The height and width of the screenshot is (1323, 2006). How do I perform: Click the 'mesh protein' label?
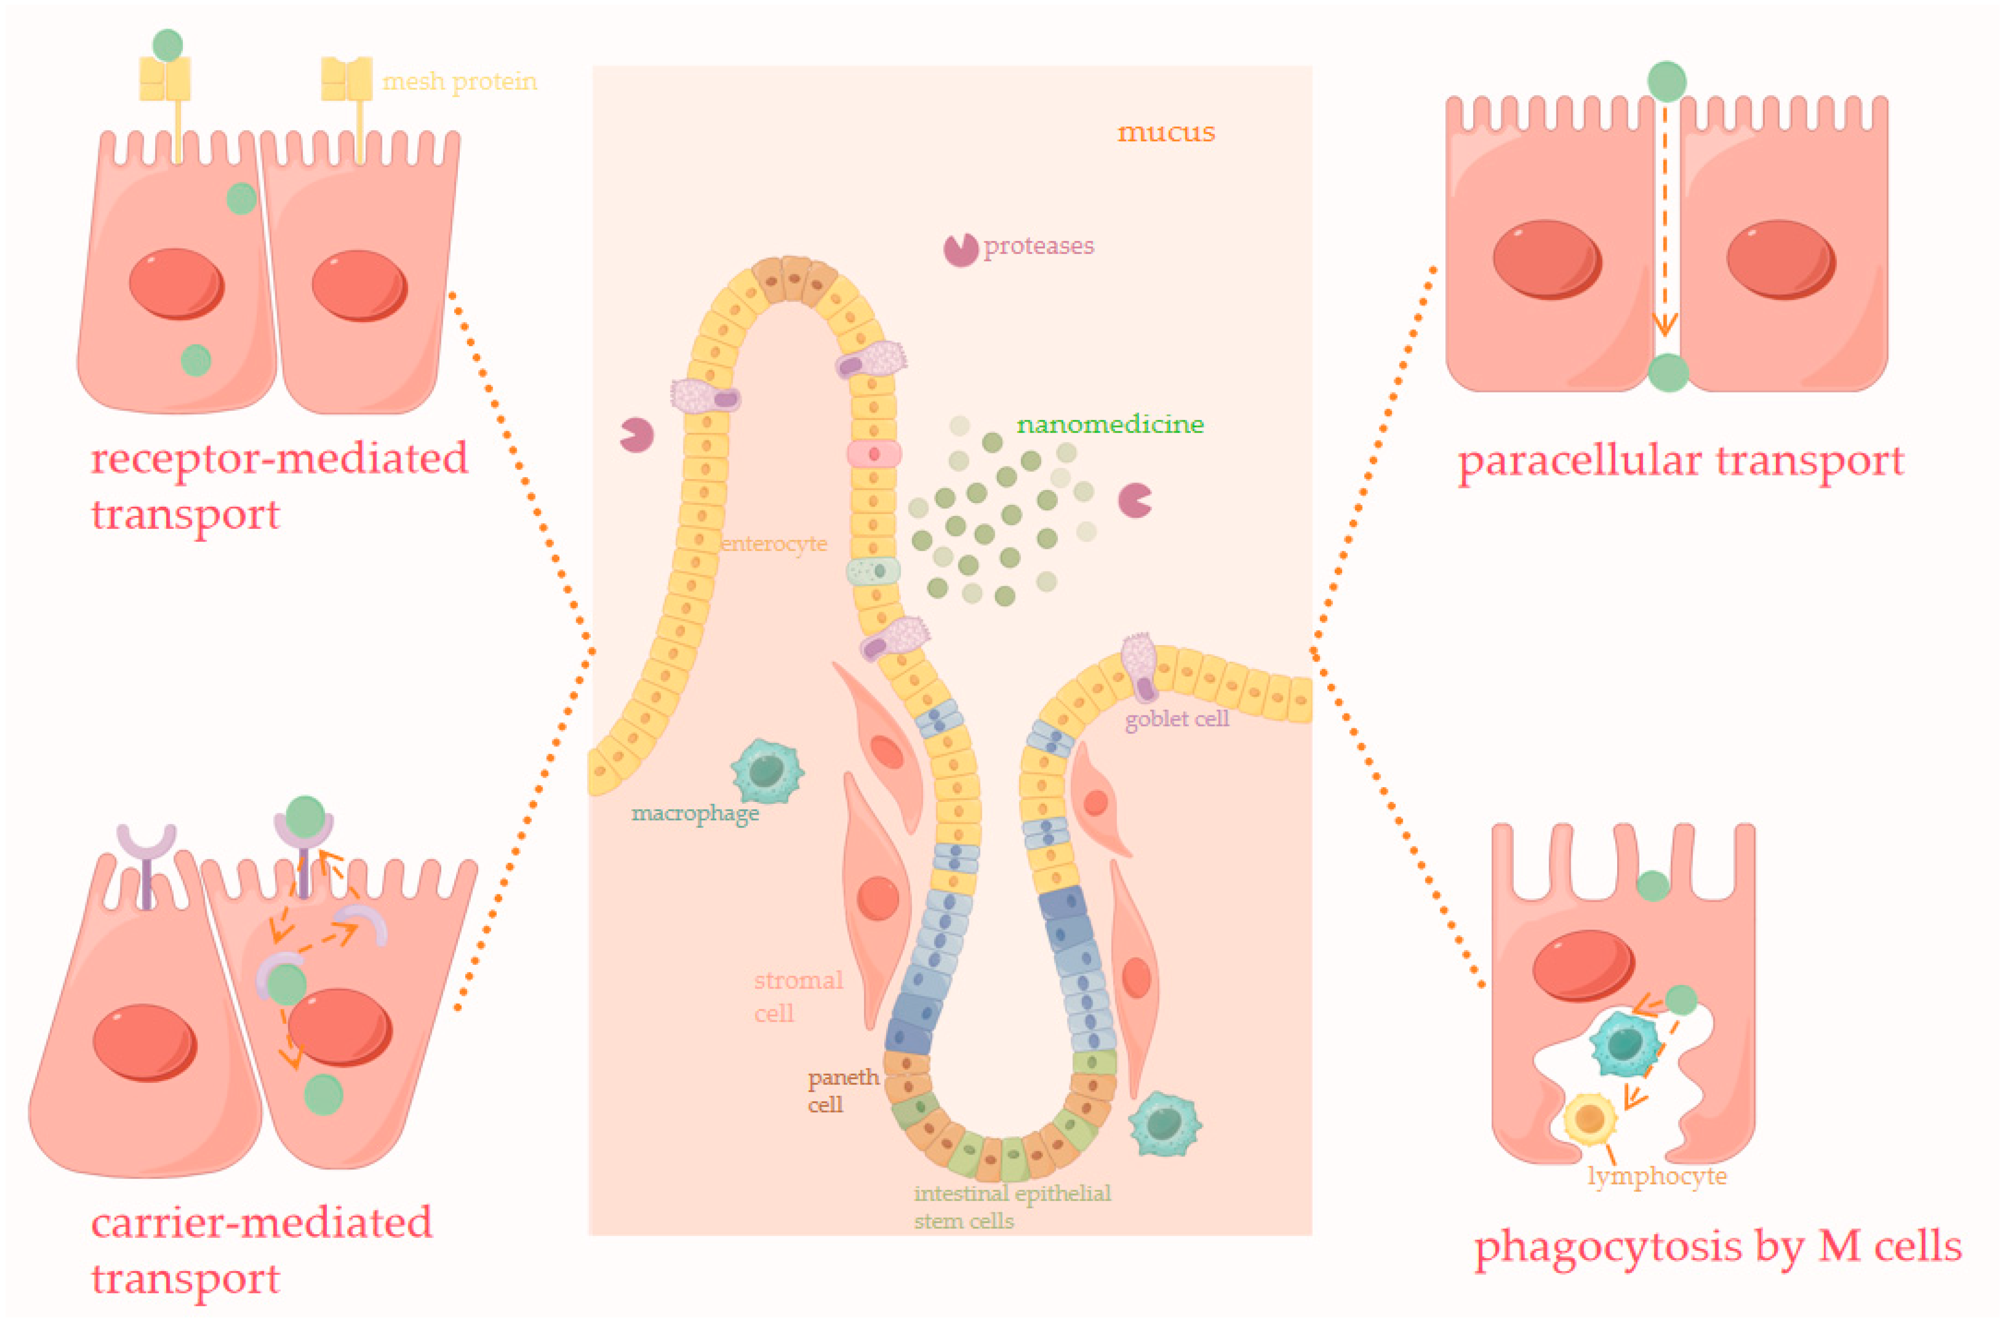point(459,82)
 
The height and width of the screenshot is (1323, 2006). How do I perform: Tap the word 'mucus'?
point(1165,132)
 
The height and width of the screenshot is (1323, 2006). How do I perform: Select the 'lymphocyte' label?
point(1656,1176)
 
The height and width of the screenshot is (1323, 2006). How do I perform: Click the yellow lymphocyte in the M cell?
point(1590,1119)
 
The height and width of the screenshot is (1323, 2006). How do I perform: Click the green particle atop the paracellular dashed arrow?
point(1667,82)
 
